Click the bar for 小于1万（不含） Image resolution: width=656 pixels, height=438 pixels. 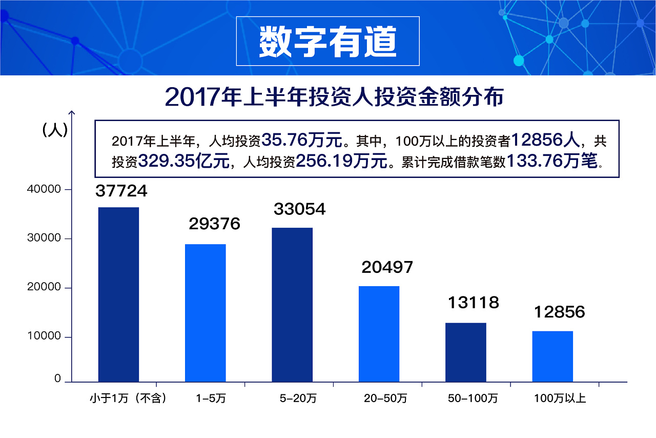(x=118, y=294)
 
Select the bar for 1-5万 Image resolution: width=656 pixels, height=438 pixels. (x=205, y=313)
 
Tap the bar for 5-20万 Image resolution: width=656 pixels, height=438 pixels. (x=292, y=305)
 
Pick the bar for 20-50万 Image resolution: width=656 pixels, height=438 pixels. (x=379, y=334)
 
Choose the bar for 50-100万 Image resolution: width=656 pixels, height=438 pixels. (x=465, y=352)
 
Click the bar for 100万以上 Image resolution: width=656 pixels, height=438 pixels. (x=552, y=356)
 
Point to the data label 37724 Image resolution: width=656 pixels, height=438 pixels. (x=121, y=191)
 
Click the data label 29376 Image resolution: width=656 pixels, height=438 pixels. (x=214, y=224)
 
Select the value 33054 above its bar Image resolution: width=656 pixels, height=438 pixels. (x=300, y=209)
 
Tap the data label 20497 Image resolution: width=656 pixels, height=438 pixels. (x=387, y=267)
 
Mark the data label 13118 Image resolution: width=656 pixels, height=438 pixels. (x=473, y=303)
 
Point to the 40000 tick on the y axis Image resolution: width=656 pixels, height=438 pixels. (x=43, y=189)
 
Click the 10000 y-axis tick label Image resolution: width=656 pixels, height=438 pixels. (x=43, y=336)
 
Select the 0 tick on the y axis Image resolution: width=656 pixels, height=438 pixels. (x=57, y=379)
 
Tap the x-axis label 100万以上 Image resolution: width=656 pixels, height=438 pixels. (x=560, y=399)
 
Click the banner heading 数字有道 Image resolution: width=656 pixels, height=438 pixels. (x=327, y=41)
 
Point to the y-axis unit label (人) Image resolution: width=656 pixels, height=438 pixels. (x=54, y=130)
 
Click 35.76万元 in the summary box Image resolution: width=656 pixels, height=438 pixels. (x=301, y=140)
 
